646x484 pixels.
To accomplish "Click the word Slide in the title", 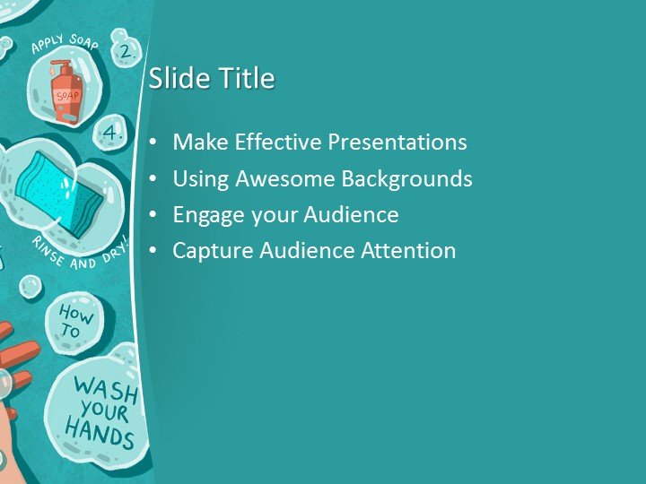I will (171, 79).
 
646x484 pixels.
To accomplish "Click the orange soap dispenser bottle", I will (66, 92).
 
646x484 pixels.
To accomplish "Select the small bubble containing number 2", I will (126, 52).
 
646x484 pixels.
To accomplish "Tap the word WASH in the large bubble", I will (106, 391).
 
